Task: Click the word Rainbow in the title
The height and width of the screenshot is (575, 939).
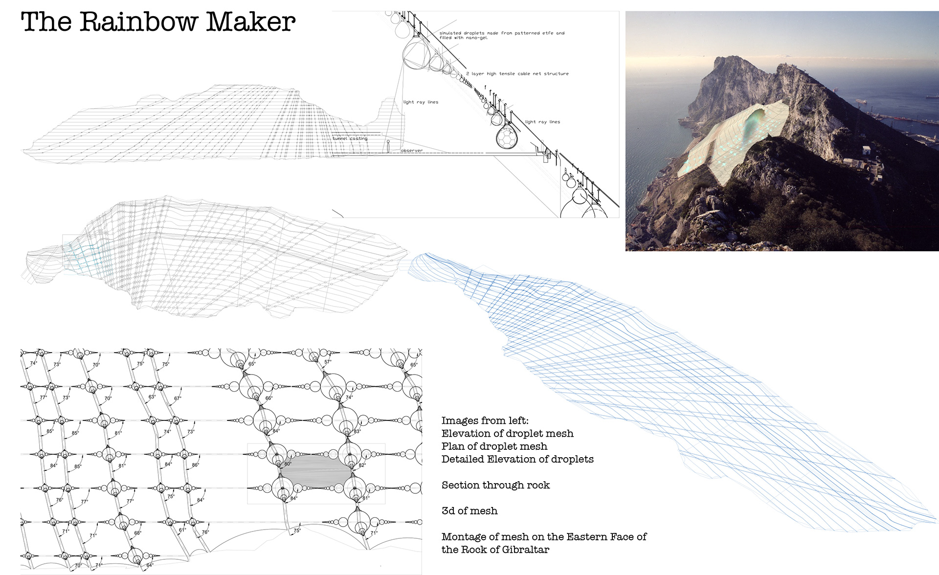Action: point(139,22)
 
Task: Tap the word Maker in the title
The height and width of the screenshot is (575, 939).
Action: point(250,22)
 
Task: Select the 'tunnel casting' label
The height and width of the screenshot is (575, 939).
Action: point(350,138)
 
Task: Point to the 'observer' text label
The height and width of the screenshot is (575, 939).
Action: point(412,151)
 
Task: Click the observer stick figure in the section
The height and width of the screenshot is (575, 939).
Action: point(388,146)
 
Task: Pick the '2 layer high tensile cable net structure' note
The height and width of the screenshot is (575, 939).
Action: point(517,74)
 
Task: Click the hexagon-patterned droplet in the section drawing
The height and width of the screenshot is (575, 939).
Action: point(507,137)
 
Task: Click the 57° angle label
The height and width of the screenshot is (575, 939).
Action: point(328,362)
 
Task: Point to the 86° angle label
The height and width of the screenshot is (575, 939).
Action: point(196,465)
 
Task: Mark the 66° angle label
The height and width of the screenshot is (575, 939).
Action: point(268,398)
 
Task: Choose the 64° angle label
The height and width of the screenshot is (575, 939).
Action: point(150,565)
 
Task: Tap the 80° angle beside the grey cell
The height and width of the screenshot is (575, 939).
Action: point(288,464)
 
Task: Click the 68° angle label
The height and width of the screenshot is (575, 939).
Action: point(137,533)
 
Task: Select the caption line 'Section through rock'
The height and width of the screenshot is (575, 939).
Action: point(495,485)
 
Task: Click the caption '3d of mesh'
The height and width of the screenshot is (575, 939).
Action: point(469,511)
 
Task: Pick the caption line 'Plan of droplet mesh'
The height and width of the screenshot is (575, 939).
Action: point(494,446)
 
